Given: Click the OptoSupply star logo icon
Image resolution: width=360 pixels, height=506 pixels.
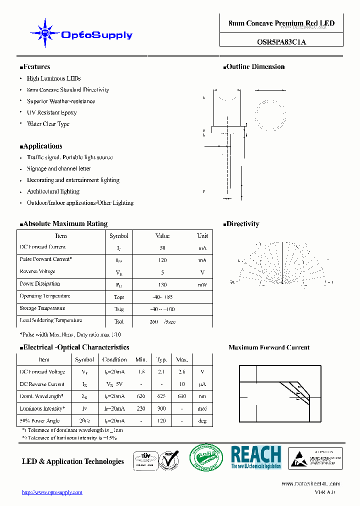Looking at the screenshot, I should point(45,33).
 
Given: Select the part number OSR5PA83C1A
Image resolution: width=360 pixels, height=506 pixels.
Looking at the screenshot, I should point(281,42).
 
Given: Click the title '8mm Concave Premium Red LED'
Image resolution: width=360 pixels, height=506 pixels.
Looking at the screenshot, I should point(281,23).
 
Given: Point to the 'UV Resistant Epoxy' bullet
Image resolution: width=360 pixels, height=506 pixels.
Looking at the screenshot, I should point(51,112).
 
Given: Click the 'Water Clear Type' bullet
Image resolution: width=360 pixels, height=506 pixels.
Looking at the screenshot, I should point(48,124).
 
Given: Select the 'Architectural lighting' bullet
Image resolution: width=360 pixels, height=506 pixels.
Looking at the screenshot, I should point(53,191).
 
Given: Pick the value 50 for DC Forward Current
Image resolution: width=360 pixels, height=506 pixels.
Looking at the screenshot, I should point(162,248).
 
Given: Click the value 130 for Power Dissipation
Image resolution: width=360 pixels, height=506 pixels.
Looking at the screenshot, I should point(162,284).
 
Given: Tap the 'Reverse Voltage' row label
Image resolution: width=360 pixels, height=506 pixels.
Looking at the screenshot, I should point(37,271).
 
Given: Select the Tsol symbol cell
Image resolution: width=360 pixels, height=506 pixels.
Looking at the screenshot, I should point(119,321).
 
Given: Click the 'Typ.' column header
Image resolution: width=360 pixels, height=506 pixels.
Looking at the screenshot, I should point(161,359).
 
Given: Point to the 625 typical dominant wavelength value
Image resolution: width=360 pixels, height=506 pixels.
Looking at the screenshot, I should point(161,396).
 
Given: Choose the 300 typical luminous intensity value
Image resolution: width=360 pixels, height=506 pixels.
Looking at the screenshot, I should point(161,408).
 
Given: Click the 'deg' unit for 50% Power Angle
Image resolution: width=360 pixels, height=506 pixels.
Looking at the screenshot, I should point(202,421).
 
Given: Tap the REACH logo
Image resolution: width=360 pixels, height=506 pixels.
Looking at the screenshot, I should point(256,457).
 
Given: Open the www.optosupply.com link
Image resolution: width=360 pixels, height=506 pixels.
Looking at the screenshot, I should point(52,492).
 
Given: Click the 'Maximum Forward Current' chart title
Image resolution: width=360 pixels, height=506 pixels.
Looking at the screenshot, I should point(269,347).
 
